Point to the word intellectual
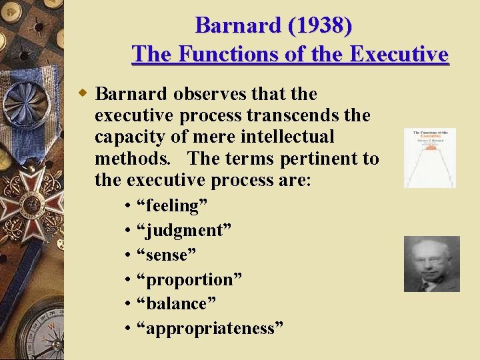291,137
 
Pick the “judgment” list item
183,231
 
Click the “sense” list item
165,255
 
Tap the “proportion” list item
189,279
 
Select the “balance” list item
176,303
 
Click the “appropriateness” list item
209,328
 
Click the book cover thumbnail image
430,158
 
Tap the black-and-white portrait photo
431,263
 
